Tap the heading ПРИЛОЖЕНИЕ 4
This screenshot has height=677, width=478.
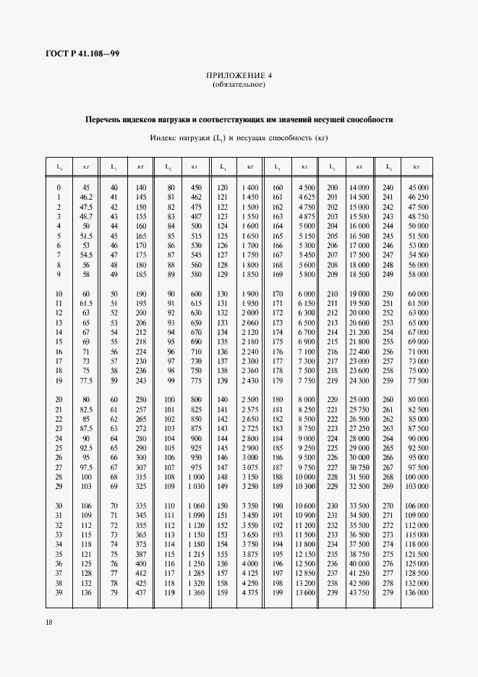click(239, 75)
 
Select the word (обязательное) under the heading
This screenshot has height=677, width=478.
click(239, 85)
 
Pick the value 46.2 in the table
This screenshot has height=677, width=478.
click(86, 197)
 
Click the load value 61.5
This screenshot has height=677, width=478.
click(86, 303)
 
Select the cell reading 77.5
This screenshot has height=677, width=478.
click(86, 380)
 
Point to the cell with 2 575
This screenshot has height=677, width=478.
click(250, 409)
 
